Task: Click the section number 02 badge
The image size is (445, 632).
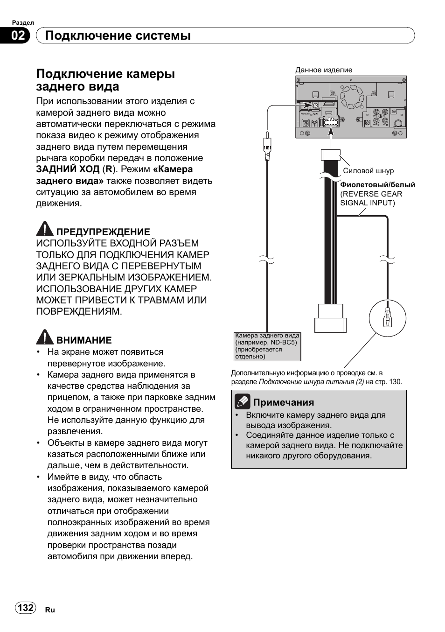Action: (x=18, y=36)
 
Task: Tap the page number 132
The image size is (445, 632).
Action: (x=25, y=607)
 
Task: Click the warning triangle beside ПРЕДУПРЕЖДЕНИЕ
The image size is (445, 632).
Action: (x=45, y=229)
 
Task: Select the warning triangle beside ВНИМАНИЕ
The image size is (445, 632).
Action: (x=45, y=337)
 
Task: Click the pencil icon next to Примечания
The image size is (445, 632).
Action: (x=243, y=401)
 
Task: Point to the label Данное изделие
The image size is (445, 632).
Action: (x=324, y=70)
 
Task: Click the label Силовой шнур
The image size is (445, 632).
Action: (x=368, y=171)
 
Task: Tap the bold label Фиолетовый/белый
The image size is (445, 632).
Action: (x=377, y=185)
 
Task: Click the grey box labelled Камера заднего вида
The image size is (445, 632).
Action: (x=267, y=346)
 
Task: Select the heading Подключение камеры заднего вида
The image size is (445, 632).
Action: (x=106, y=80)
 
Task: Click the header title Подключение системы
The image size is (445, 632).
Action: (x=118, y=36)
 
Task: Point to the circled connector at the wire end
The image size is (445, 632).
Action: (x=387, y=319)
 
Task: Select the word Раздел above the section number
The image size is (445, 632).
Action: (x=23, y=22)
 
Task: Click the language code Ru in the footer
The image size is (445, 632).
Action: (x=50, y=610)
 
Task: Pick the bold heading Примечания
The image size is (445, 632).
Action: (x=284, y=402)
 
